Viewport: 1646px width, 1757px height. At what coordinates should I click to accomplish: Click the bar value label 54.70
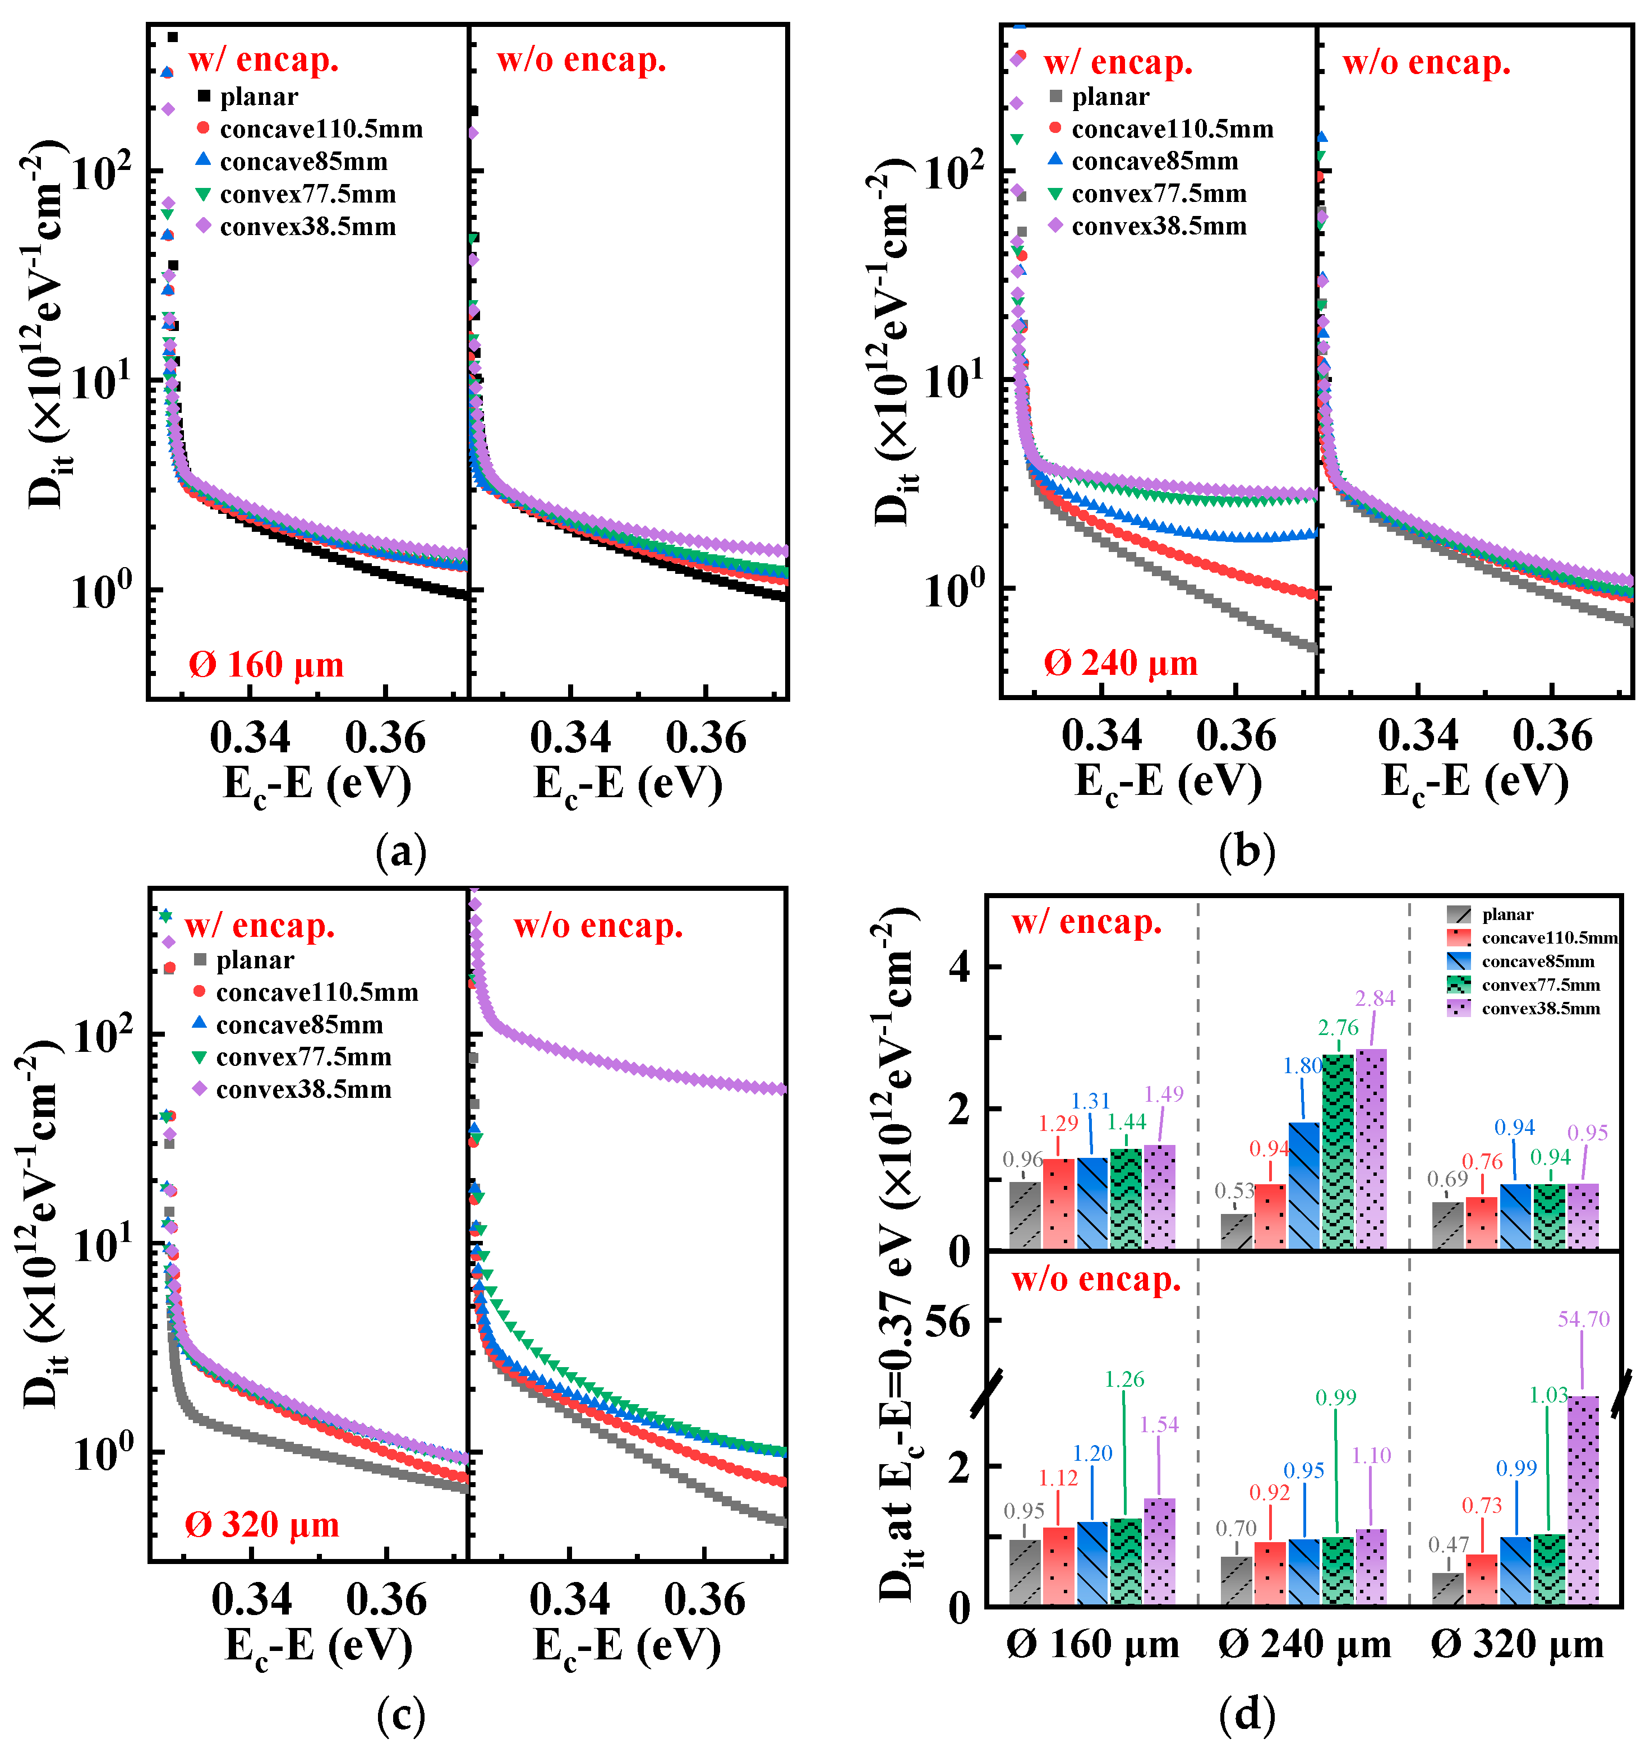1583,1319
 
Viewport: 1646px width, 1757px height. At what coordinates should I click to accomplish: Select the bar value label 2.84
1375,998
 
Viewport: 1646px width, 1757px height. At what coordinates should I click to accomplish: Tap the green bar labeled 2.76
1338,1149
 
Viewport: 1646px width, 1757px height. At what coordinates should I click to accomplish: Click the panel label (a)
400,852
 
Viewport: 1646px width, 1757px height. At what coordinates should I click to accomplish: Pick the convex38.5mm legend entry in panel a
307,227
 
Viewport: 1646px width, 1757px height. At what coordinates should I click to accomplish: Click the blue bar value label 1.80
1302,1066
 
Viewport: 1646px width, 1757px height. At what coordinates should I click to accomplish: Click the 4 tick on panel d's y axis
958,968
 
